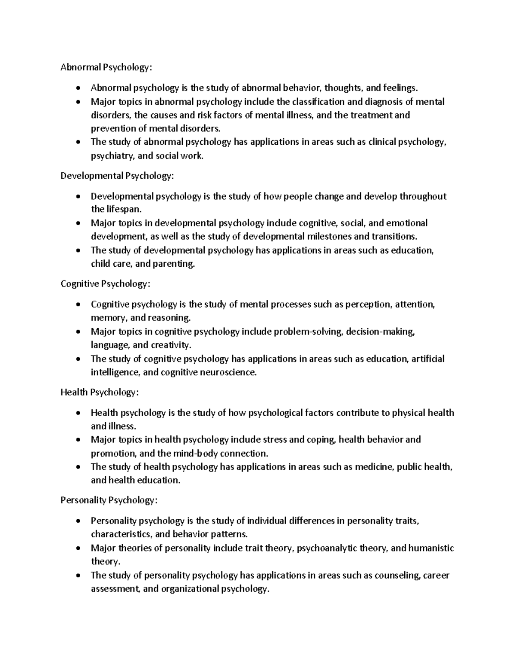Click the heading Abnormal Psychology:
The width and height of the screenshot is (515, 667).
pyautogui.click(x=106, y=67)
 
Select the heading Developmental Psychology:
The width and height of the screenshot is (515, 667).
pyautogui.click(x=117, y=176)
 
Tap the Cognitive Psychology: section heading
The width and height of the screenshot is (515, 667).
pyautogui.click(x=106, y=284)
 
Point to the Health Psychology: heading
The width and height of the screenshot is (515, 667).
pyautogui.click(x=100, y=392)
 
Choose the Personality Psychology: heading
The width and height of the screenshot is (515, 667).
pyautogui.click(x=109, y=500)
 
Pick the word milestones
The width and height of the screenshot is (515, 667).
pyautogui.click(x=329, y=237)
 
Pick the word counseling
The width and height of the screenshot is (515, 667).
pyautogui.click(x=397, y=576)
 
